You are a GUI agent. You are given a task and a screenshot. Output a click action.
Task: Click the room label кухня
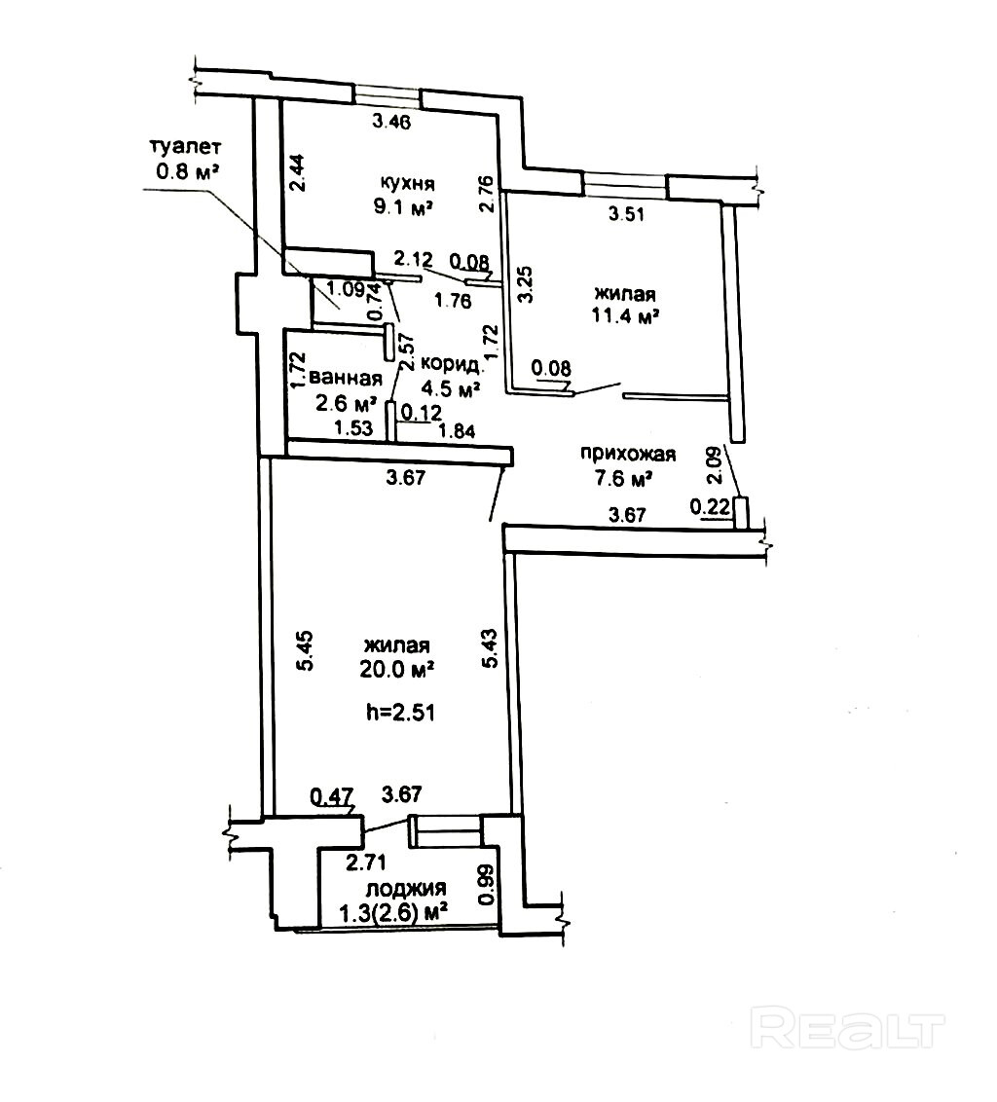click(407, 183)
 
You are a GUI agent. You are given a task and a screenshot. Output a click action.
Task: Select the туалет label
click(185, 148)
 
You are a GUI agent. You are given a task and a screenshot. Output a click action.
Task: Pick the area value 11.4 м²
click(623, 315)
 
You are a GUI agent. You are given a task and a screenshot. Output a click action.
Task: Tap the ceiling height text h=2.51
click(399, 712)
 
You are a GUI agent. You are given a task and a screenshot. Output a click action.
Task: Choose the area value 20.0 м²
click(397, 669)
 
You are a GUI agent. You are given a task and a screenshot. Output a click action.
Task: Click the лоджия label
click(406, 888)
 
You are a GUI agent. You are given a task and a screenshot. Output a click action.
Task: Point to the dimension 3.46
click(392, 122)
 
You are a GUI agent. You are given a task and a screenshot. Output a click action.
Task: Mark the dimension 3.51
click(627, 216)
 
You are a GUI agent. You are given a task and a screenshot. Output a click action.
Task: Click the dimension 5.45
click(305, 650)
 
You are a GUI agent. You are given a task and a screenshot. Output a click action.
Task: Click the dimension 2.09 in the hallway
click(715, 465)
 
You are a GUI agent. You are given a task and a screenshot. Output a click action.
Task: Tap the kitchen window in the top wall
click(388, 94)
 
